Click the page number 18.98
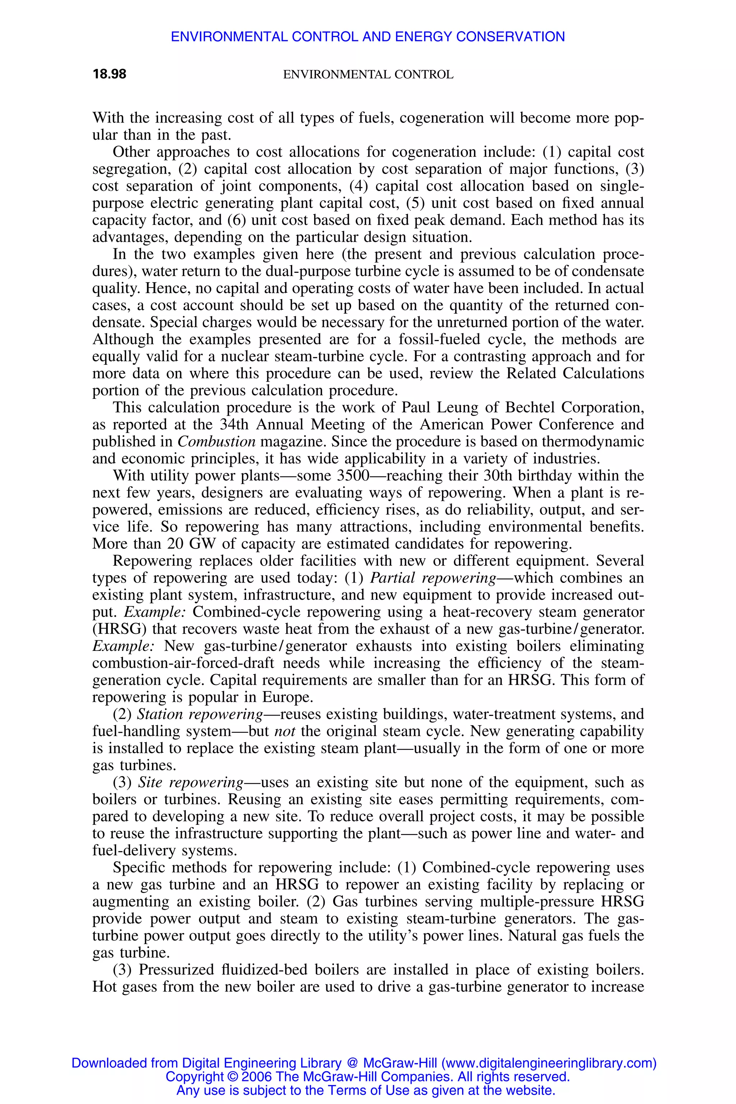(109, 74)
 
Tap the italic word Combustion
(216, 442)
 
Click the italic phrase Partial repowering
(433, 578)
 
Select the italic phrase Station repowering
(199, 714)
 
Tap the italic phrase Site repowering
(190, 782)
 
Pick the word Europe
(287, 697)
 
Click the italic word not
(285, 731)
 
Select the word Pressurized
(175, 970)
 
